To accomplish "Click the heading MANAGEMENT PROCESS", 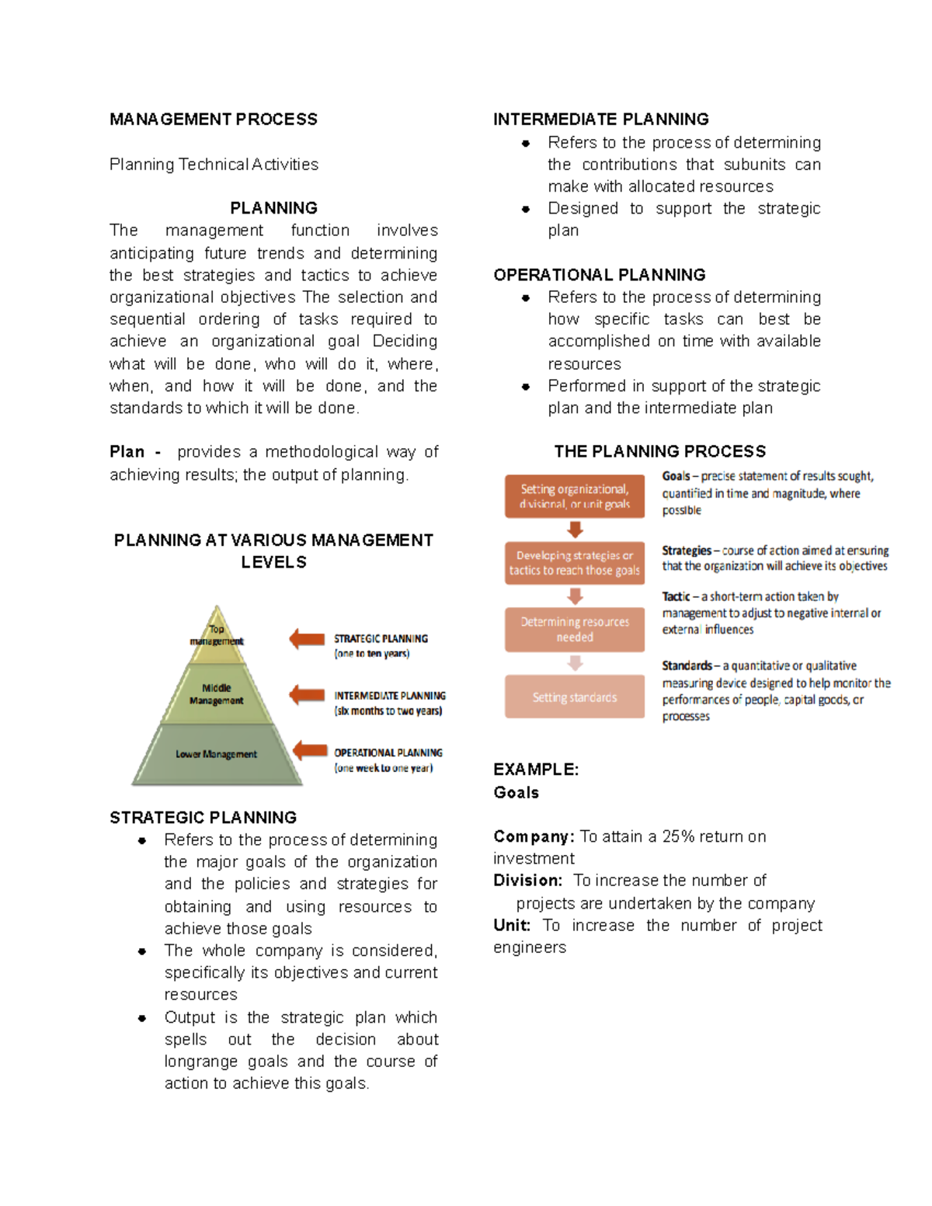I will coord(213,120).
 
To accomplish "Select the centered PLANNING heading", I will coord(273,208).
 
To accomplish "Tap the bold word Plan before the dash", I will coord(127,452).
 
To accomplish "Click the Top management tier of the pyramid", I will coord(217,635).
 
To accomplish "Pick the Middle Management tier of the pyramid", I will coord(217,694).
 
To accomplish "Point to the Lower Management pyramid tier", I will coord(216,754).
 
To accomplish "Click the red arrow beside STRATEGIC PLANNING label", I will coord(307,639).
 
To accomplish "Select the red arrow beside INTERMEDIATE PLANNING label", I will coord(307,695).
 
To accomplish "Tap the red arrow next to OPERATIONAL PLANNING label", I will coord(310,750).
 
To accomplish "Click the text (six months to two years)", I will coord(388,711).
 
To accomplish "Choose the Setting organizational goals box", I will coord(575,496).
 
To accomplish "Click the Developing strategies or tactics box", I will coord(575,563).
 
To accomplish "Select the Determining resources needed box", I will coord(575,630).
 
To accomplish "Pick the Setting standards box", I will coord(575,697).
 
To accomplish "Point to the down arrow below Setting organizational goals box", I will coord(575,530).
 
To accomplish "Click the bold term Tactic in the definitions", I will coord(675,596).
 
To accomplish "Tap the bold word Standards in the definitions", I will coord(686,666).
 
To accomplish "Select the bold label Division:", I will coord(527,881).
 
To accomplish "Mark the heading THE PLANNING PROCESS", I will coord(659,452).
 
